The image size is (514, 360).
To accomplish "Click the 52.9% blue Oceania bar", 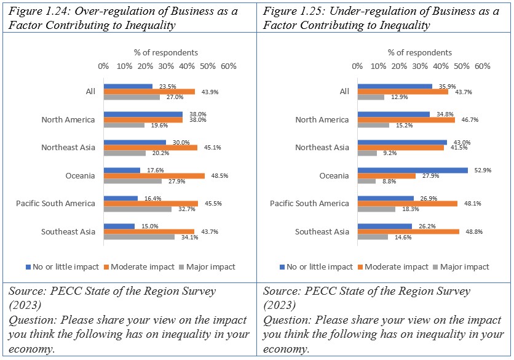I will pyautogui.click(x=413, y=170).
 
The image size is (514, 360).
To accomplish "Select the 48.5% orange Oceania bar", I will pyautogui.click(x=154, y=175).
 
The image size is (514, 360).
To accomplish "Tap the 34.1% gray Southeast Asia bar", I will pyautogui.click(x=139, y=237).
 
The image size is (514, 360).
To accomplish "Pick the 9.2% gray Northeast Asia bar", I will pyautogui.click(x=367, y=153).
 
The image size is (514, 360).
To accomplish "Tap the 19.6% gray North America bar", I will pyautogui.click(x=124, y=125).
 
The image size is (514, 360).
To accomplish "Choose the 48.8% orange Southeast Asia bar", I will pyautogui.click(x=408, y=231).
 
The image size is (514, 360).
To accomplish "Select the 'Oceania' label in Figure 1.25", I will pyautogui.click(x=334, y=176).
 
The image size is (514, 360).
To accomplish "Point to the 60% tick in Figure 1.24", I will pyautogui.click(x=229, y=66).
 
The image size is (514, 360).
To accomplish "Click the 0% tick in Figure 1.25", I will pyautogui.click(x=357, y=66).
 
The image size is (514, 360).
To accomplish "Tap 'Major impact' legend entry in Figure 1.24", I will pyautogui.click(x=210, y=267).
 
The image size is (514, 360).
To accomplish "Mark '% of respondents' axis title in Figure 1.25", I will pyautogui.click(x=419, y=52).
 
